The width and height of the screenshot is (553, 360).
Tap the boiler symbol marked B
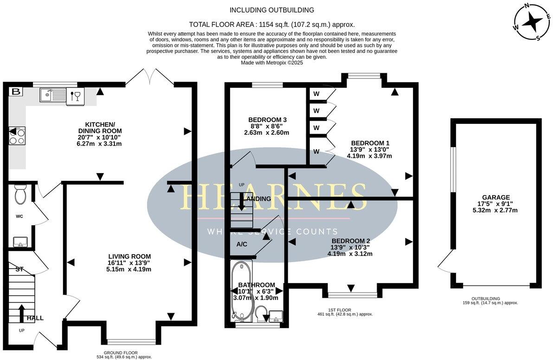click(16, 92)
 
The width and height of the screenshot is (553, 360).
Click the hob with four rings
click(17, 136)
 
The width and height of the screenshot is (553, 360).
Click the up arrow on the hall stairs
click(21, 313)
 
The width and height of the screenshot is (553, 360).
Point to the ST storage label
click(19, 269)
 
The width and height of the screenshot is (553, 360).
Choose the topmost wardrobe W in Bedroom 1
click(316, 94)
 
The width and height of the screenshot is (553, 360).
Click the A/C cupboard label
click(241, 244)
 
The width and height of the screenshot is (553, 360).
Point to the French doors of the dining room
click(149, 77)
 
